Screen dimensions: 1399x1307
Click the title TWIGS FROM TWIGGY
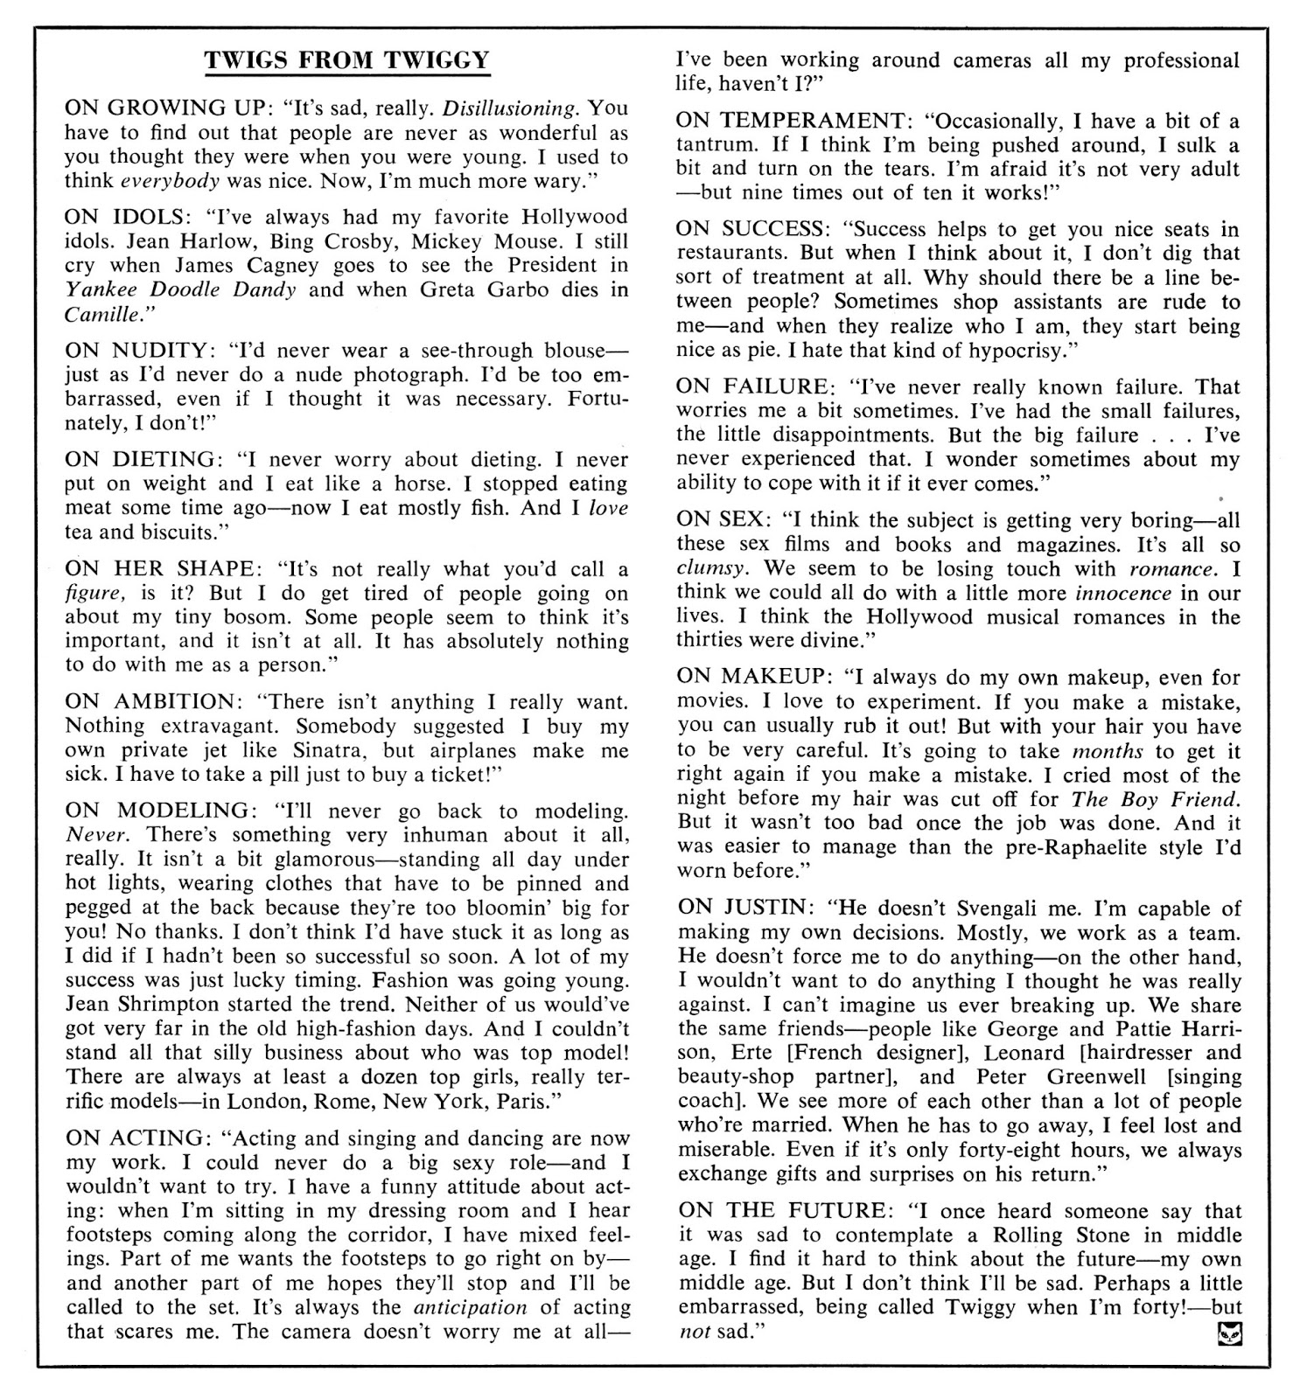pyautogui.click(x=346, y=60)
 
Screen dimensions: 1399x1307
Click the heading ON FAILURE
pyautogui.click(x=752, y=386)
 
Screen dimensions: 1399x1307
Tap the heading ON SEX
pyautogui.click(x=721, y=520)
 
